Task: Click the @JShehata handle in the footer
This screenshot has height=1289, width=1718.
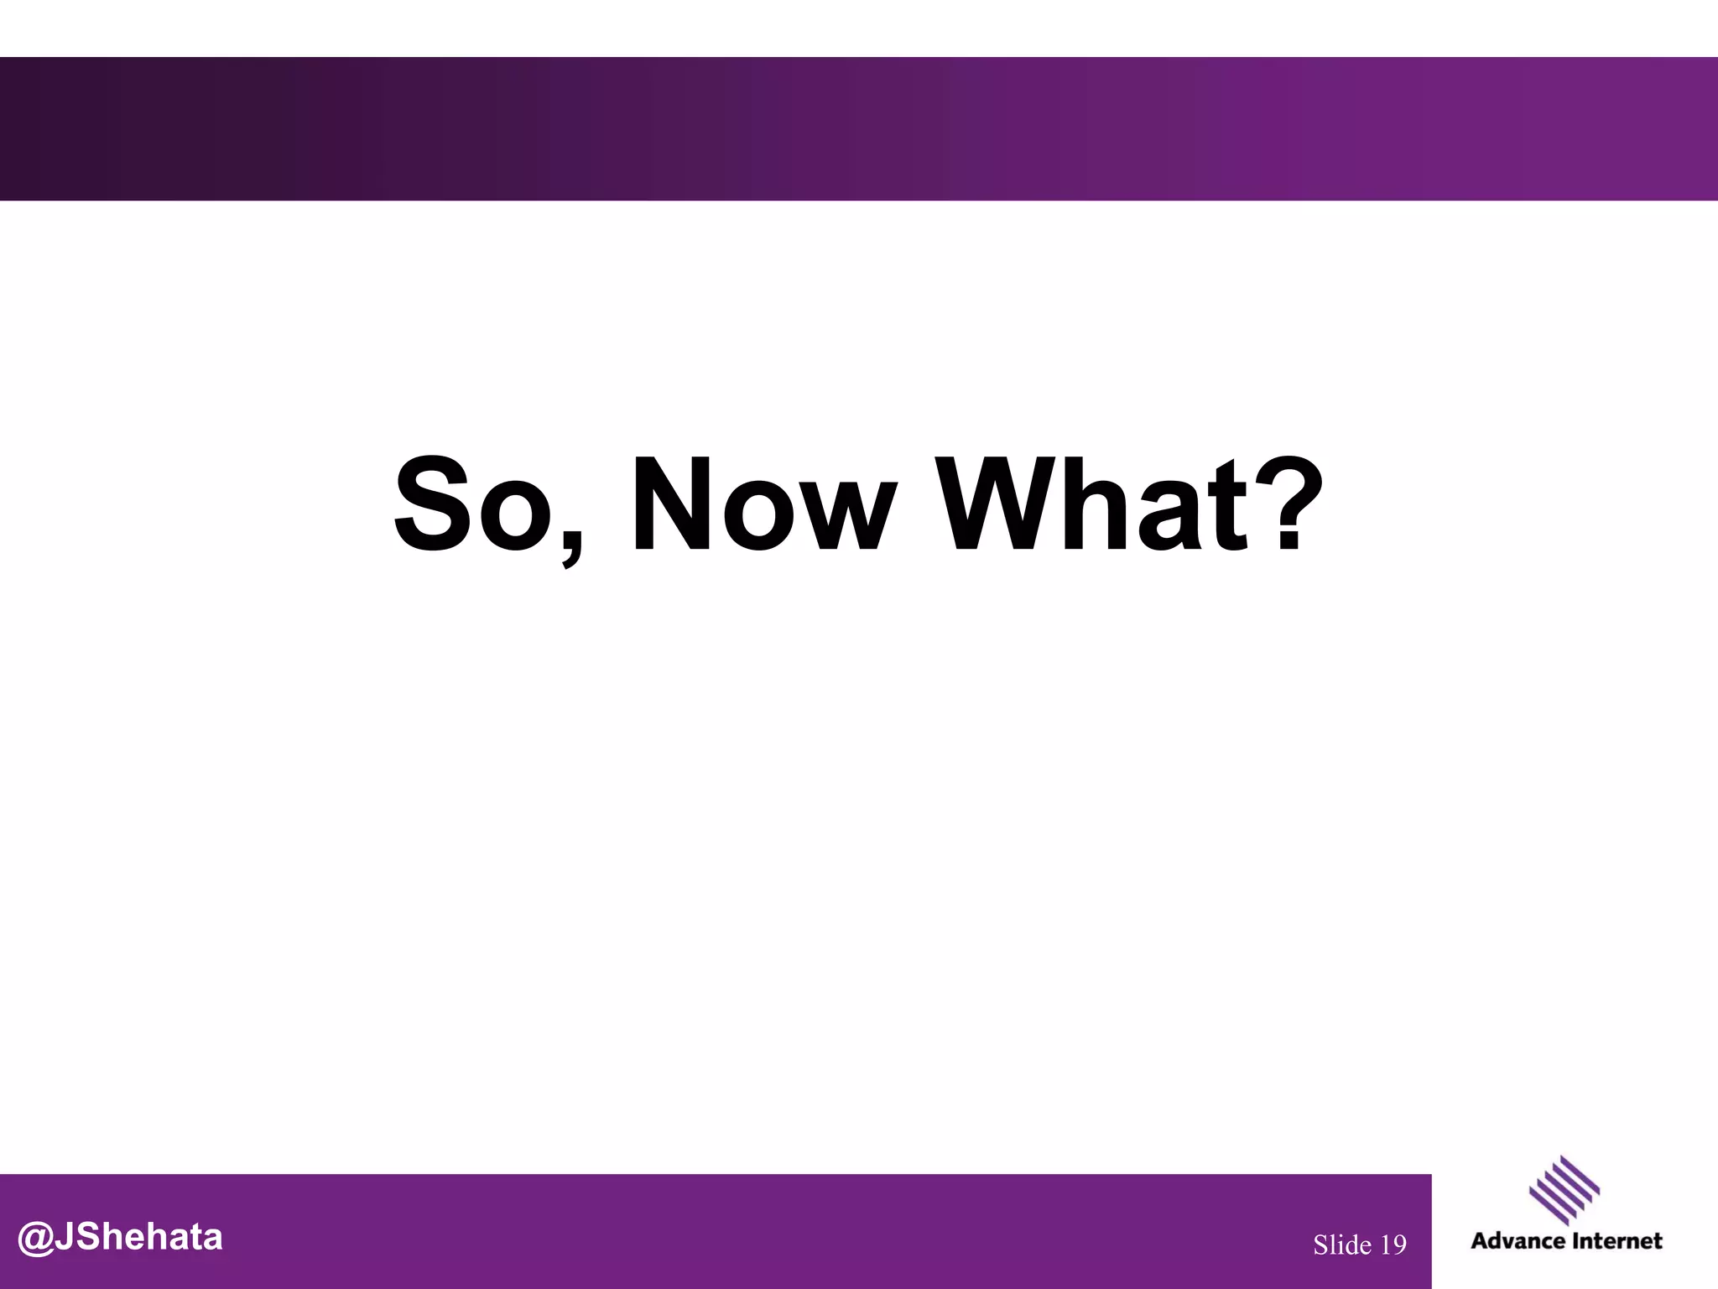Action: point(120,1238)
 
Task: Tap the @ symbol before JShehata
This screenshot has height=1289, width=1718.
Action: point(35,1239)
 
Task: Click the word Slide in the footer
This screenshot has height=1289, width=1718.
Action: point(1342,1245)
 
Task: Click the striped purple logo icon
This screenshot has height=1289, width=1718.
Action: point(1564,1190)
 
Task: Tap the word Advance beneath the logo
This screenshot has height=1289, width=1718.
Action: point(1517,1241)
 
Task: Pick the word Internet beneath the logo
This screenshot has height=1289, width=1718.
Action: point(1616,1241)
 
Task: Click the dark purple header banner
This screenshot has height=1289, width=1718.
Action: point(859,128)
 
